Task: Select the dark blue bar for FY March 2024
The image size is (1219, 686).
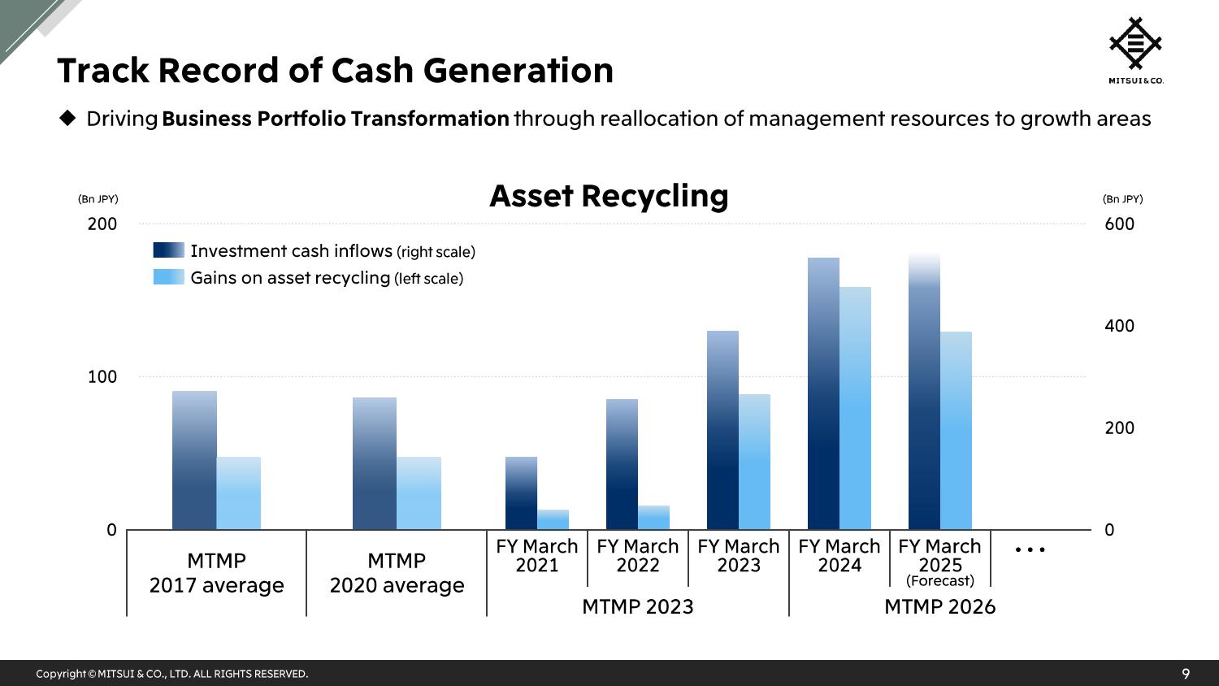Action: coord(823,393)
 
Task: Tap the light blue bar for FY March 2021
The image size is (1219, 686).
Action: coord(553,519)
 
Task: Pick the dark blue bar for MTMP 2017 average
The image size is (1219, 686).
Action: coord(194,460)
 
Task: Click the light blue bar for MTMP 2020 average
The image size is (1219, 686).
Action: coord(419,493)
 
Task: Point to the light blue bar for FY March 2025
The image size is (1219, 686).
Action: coord(957,430)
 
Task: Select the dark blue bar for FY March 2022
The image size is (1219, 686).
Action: coord(622,464)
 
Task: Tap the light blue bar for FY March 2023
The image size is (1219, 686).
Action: coord(754,462)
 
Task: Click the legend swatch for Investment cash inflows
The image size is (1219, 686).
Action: coord(169,250)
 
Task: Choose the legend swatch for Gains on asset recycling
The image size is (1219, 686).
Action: coord(169,276)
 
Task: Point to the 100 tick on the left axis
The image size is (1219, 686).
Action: coord(102,377)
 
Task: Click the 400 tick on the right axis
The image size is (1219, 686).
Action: coord(1119,326)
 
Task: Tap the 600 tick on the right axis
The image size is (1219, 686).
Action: coord(1119,224)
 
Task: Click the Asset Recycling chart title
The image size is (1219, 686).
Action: coord(609,196)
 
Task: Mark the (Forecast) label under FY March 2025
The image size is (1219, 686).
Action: coord(939,581)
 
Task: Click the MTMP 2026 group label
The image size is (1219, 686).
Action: coord(939,606)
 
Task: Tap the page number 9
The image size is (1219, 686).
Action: coord(1186,674)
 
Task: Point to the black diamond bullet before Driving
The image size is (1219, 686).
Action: coord(67,118)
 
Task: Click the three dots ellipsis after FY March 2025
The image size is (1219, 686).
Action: coord(1030,550)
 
